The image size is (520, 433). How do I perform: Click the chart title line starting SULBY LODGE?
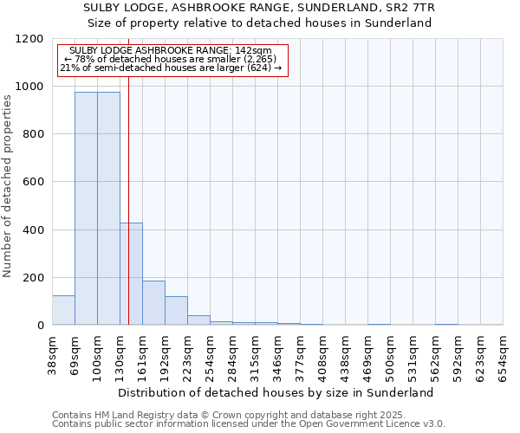pyautogui.click(x=260, y=8)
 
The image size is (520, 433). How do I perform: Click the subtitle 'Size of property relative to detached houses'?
pyautogui.click(x=260, y=23)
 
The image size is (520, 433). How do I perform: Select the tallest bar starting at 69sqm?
pyautogui.click(x=86, y=208)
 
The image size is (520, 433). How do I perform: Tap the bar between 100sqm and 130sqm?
pyautogui.click(x=108, y=208)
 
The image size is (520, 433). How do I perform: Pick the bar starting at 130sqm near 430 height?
pyautogui.click(x=132, y=274)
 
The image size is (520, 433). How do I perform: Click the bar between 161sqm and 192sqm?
pyautogui.click(x=153, y=303)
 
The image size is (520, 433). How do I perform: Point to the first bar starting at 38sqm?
pyautogui.click(x=63, y=310)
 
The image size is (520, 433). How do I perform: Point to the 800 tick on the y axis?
pyautogui.click(x=33, y=134)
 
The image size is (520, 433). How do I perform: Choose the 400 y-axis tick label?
pyautogui.click(x=33, y=230)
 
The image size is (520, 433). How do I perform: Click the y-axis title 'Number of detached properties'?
pyautogui.click(x=9, y=185)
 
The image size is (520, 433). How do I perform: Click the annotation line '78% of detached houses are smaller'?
pyautogui.click(x=171, y=59)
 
